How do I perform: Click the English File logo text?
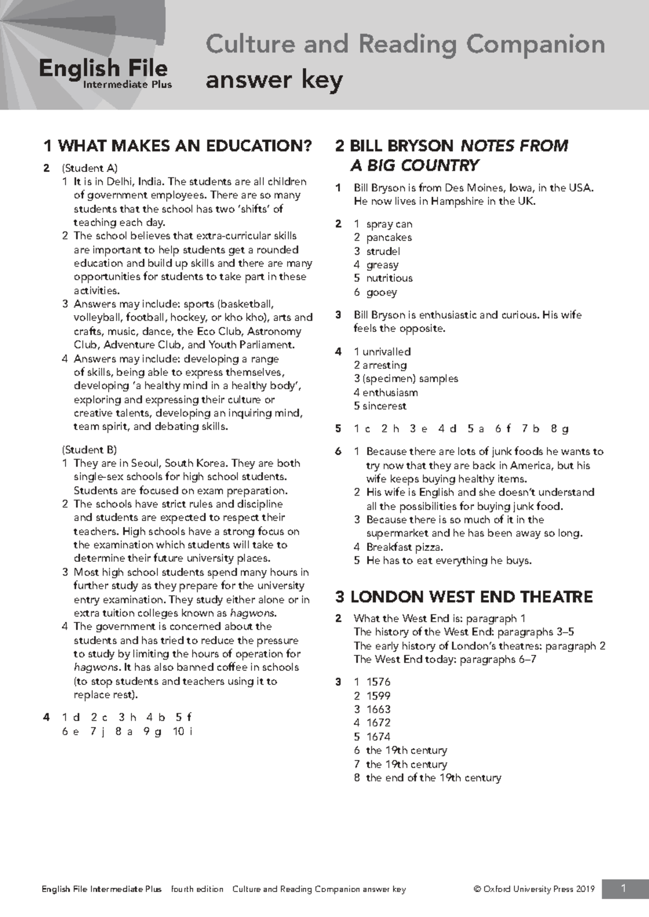pos(103,69)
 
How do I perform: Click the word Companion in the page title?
pos(535,44)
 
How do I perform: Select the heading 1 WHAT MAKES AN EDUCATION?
pos(178,145)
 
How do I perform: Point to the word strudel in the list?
pos(383,251)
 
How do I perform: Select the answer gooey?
pos(381,293)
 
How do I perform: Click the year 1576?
pos(378,682)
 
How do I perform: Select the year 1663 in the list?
pos(378,709)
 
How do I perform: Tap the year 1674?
pos(378,737)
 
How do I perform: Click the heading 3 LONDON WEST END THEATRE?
pos(464,597)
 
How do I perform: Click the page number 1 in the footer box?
pos(624,888)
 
